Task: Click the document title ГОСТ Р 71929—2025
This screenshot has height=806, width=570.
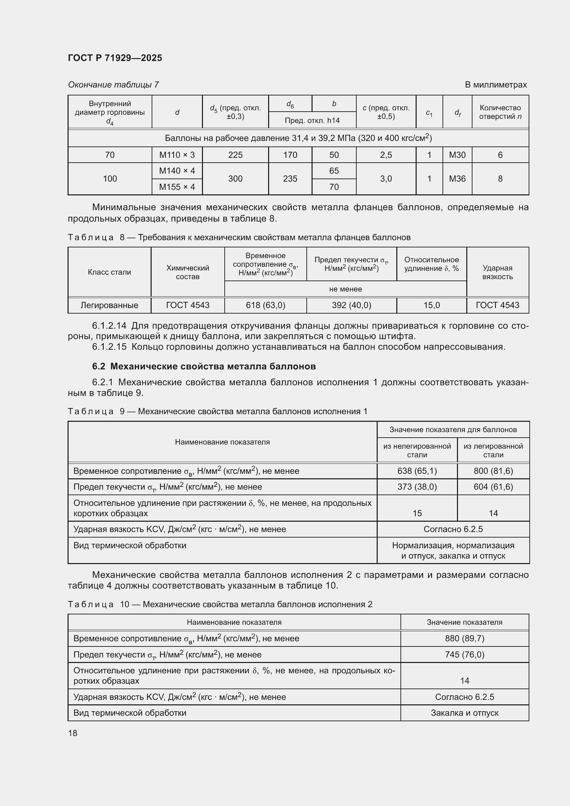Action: point(115,58)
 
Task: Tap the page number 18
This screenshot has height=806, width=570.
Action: point(73,733)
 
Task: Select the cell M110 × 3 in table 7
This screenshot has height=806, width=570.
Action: point(177,155)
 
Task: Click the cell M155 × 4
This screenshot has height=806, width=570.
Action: point(177,187)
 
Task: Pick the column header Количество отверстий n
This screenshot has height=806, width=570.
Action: point(500,112)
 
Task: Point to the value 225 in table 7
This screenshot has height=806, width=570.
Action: point(235,155)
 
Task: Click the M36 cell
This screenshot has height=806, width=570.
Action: point(457,179)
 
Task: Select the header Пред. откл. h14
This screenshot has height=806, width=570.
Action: point(312,120)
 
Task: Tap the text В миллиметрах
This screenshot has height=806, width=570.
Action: point(496,85)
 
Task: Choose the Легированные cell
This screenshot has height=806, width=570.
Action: point(109,305)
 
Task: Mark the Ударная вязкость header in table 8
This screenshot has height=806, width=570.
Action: point(497,272)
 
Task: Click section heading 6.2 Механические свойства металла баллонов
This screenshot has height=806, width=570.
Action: point(204,366)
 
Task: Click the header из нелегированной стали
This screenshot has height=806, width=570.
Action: point(417,450)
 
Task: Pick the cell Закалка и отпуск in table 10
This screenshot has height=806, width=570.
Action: point(464,713)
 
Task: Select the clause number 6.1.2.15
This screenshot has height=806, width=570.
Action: point(109,347)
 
